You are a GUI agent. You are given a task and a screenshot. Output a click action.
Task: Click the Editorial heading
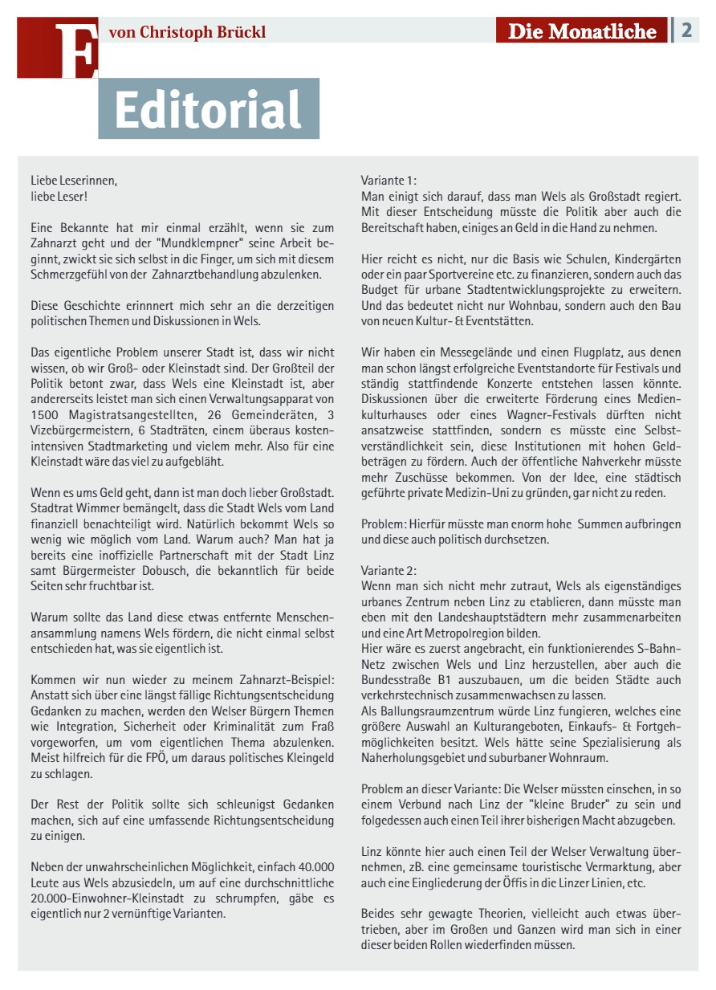click(x=208, y=109)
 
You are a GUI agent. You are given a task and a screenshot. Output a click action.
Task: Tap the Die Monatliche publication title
click(x=582, y=31)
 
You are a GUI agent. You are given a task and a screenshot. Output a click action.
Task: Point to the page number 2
click(x=686, y=31)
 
